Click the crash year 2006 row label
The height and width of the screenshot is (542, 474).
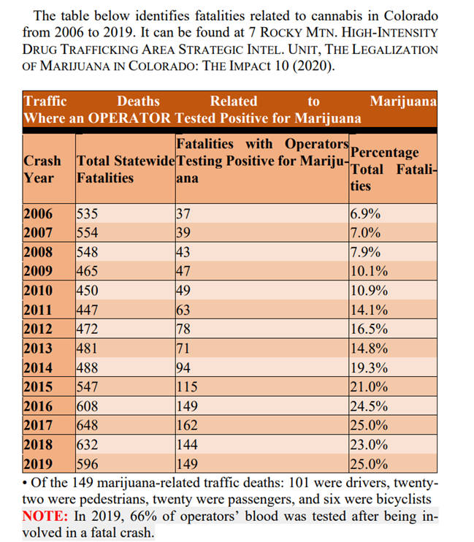click(38, 213)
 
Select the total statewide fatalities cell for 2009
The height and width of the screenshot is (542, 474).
click(87, 271)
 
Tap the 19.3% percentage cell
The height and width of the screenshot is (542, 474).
click(369, 367)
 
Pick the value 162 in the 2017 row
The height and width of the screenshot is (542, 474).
click(187, 425)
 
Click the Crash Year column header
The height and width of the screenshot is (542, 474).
click(42, 169)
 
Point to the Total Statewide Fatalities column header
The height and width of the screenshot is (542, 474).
click(126, 169)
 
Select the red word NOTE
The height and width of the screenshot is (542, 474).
click(45, 516)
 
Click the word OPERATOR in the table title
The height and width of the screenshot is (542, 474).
click(129, 118)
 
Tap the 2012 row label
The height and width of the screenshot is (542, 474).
click(38, 329)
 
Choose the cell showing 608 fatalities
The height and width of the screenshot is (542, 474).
click(87, 406)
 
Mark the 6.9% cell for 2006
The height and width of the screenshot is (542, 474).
click(365, 213)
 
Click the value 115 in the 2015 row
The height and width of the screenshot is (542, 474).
click(187, 386)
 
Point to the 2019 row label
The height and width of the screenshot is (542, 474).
click(38, 464)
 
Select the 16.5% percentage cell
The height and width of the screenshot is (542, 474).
click(369, 329)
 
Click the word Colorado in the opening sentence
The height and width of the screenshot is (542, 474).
click(410, 16)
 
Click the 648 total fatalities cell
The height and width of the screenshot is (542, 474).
click(87, 425)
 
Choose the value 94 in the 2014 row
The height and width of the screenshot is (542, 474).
click(183, 367)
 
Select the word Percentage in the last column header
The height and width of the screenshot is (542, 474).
click(384, 153)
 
